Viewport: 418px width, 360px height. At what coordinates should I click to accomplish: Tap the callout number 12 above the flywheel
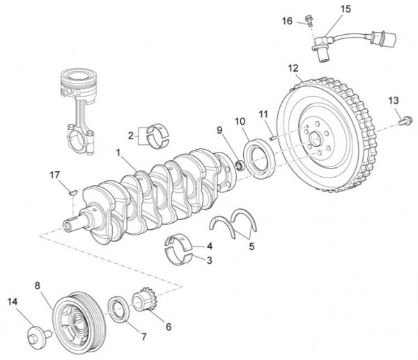(293, 68)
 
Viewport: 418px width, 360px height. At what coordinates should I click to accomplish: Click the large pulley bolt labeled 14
(36, 338)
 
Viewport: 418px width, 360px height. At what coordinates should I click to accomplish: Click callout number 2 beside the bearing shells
(129, 134)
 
